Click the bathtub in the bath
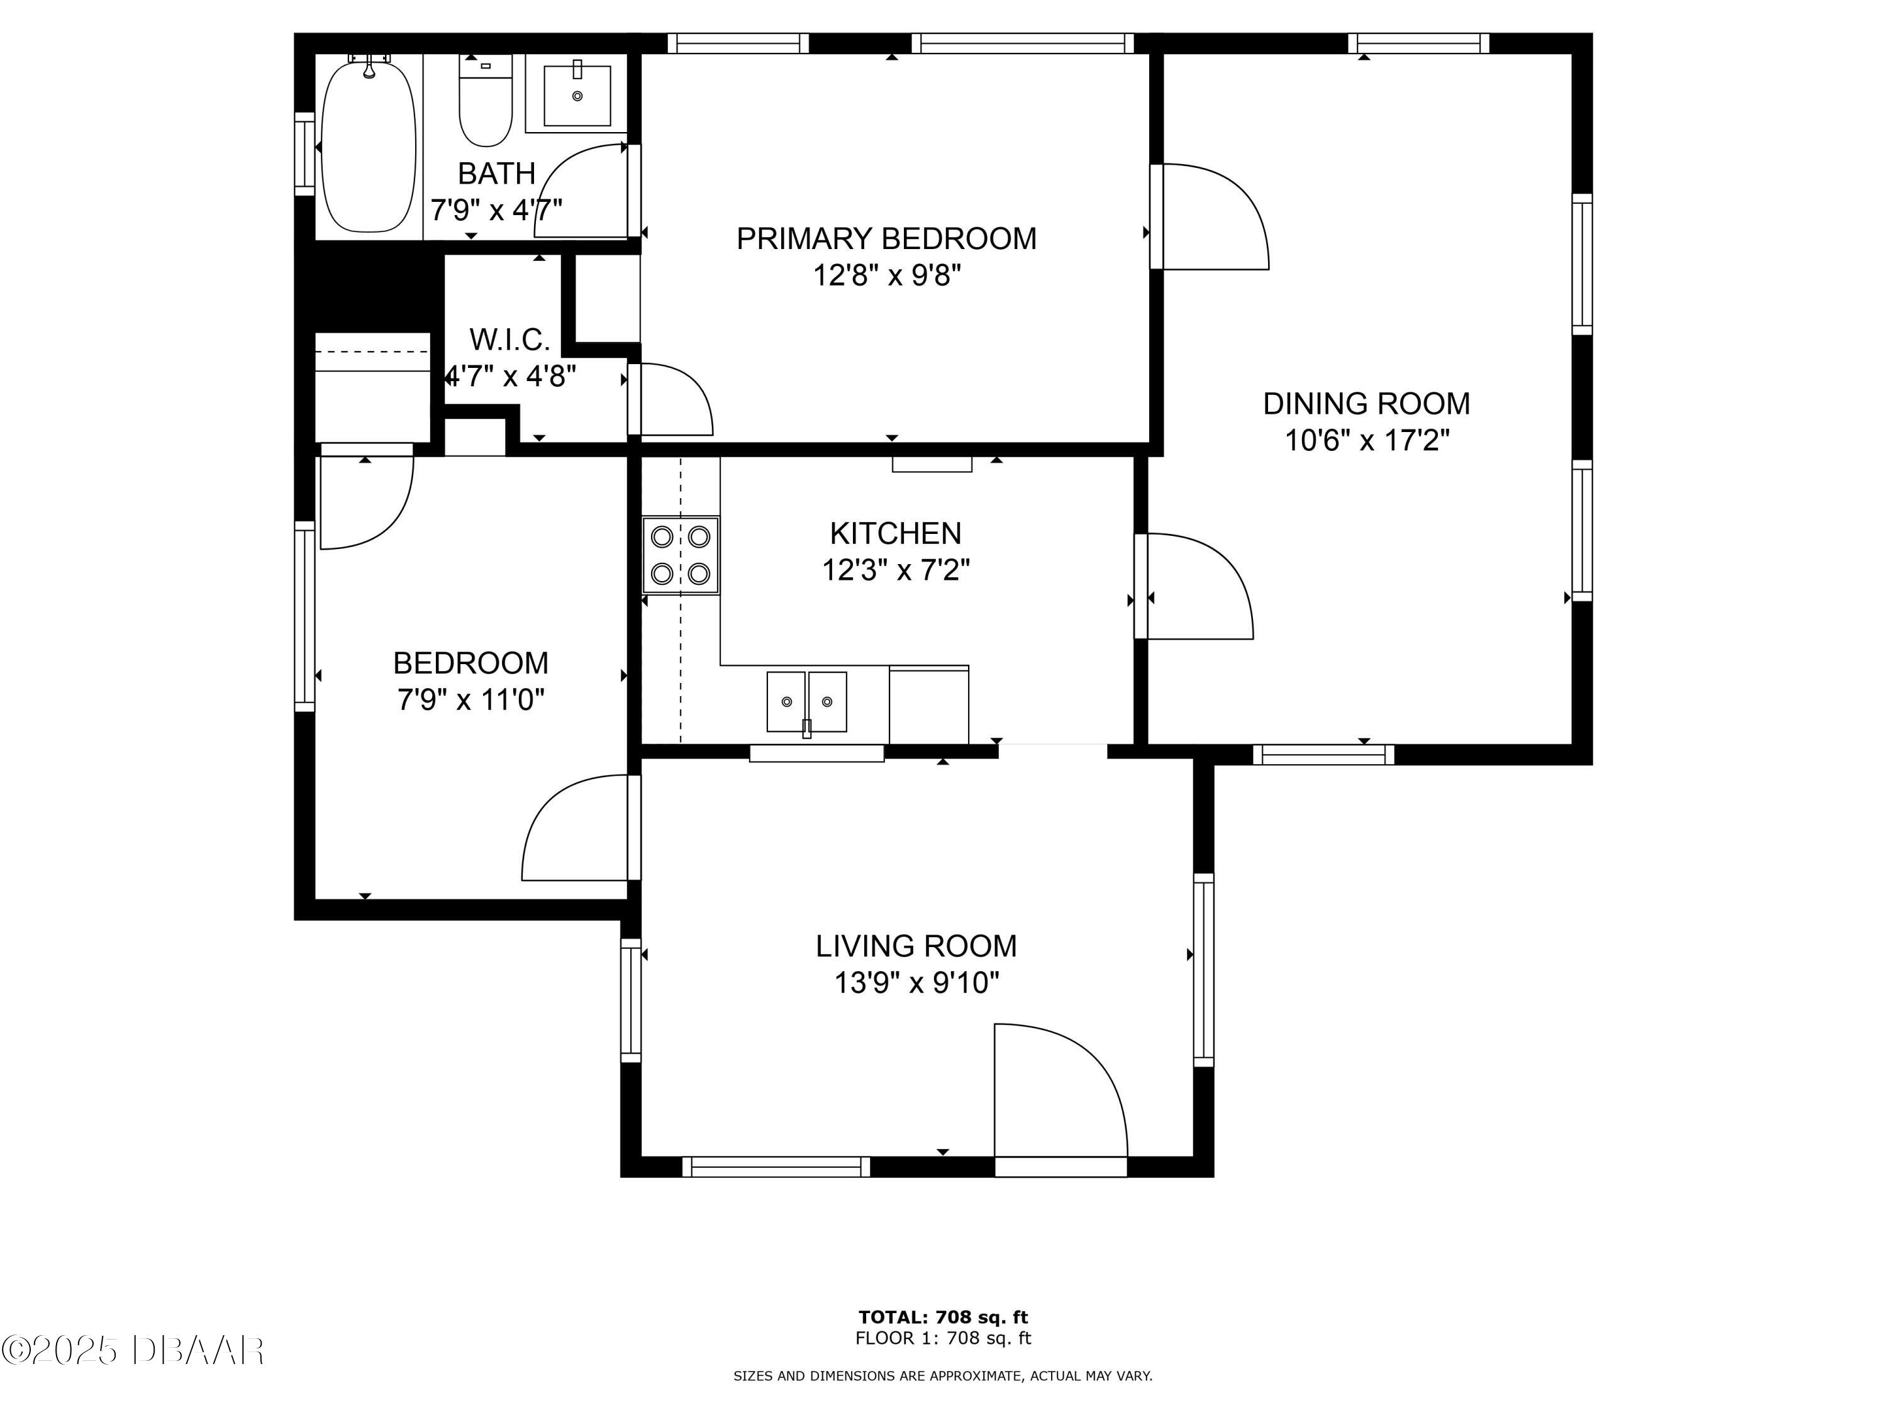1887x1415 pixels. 369,145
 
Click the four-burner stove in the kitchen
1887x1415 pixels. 680,555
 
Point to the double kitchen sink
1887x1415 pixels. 806,701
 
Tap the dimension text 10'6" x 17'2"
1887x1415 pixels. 1367,441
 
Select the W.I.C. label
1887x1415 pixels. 509,340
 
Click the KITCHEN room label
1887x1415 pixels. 895,534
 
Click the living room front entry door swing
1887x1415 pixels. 1058,1092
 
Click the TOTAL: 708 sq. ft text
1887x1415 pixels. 943,1317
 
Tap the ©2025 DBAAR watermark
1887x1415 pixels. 132,1350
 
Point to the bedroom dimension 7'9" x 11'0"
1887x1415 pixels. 470,700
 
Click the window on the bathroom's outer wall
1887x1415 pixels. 304,153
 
